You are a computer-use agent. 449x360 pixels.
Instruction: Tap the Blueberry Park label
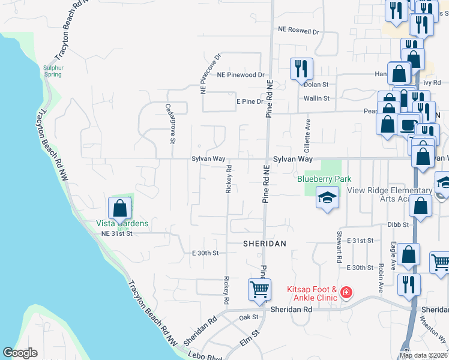coord(324,179)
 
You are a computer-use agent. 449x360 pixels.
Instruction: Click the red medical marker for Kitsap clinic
coord(346,293)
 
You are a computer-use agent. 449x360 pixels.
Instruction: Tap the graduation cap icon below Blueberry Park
coord(327,197)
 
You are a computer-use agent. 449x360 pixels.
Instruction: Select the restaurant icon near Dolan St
coord(301,68)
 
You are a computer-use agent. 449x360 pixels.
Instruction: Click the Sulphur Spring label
coord(53,71)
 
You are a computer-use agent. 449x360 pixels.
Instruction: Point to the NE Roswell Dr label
coord(298,29)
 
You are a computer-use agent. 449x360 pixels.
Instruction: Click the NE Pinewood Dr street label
coord(241,75)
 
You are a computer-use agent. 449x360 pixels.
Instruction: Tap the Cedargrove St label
coord(170,124)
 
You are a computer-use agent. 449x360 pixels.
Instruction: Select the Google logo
coord(20,353)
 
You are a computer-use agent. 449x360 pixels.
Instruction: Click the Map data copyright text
coord(424,355)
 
